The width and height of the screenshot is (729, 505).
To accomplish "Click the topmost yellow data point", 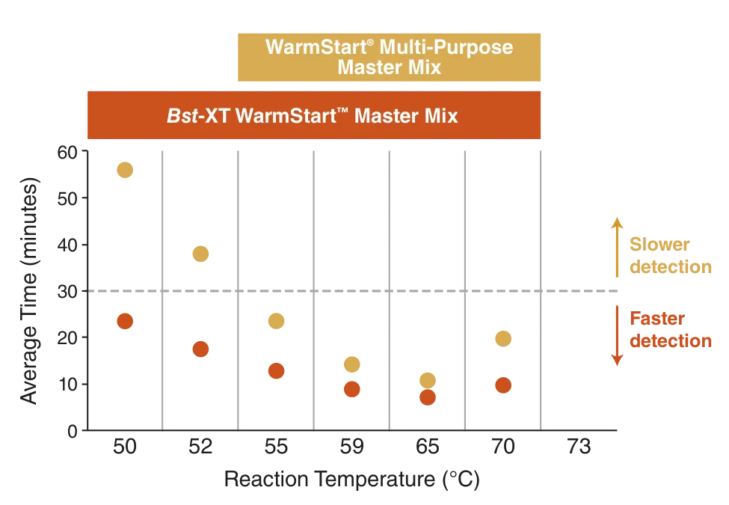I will [124, 170].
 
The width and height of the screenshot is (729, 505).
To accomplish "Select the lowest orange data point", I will [428, 397].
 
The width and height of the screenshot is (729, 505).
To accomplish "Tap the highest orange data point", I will [125, 321].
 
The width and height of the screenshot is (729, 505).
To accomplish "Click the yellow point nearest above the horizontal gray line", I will [200, 254].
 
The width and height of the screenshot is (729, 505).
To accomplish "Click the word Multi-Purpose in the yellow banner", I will [446, 47].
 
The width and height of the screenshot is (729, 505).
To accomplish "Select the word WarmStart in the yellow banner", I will [309, 47].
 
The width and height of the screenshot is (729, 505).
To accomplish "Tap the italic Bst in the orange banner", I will [180, 117].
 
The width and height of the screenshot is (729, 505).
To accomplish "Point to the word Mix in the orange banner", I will [440, 117].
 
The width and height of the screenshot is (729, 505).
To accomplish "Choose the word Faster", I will [657, 319].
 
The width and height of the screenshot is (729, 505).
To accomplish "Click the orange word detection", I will [670, 341].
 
